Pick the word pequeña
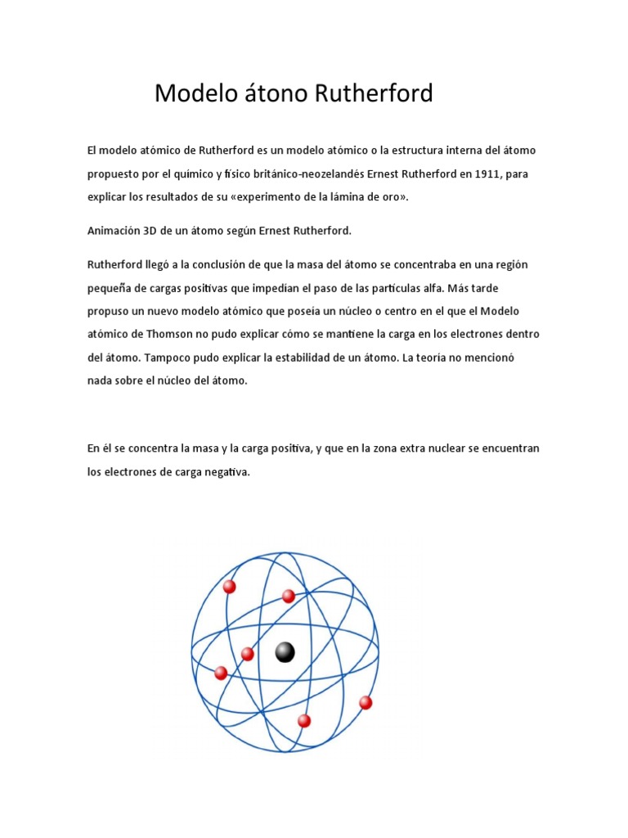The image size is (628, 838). tap(110, 288)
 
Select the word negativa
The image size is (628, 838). tap(225, 472)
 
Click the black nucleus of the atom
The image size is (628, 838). tap(285, 651)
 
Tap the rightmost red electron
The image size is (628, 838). tap(366, 702)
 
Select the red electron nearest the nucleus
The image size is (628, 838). tap(248, 653)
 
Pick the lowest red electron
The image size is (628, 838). tap(304, 721)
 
